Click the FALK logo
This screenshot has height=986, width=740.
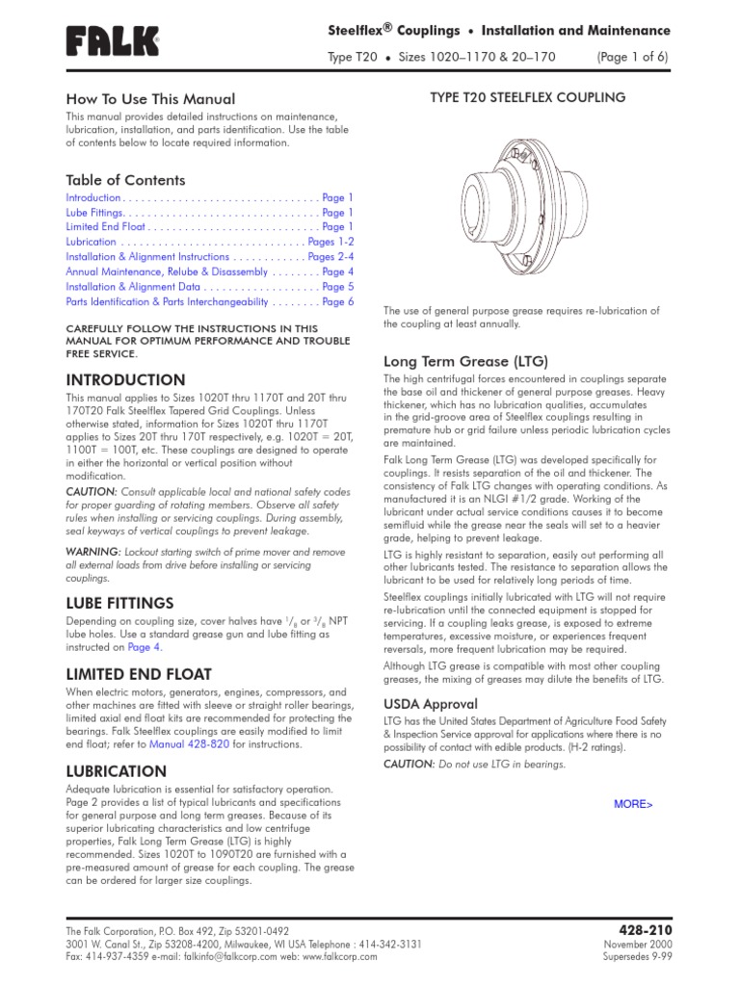(x=112, y=40)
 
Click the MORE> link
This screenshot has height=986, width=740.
(x=633, y=804)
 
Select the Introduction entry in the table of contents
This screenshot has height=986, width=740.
(x=93, y=197)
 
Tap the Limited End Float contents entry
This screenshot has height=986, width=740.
(x=106, y=227)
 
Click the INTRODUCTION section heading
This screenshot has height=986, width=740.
(x=125, y=380)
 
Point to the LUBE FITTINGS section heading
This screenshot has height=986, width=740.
(x=119, y=603)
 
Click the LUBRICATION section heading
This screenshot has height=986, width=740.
(x=116, y=771)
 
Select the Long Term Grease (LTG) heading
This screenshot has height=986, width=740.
(x=465, y=362)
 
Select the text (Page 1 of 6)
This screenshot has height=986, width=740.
(x=632, y=58)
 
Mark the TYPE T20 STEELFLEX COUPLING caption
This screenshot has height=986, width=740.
(x=526, y=97)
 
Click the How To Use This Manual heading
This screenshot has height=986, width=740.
(x=149, y=99)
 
